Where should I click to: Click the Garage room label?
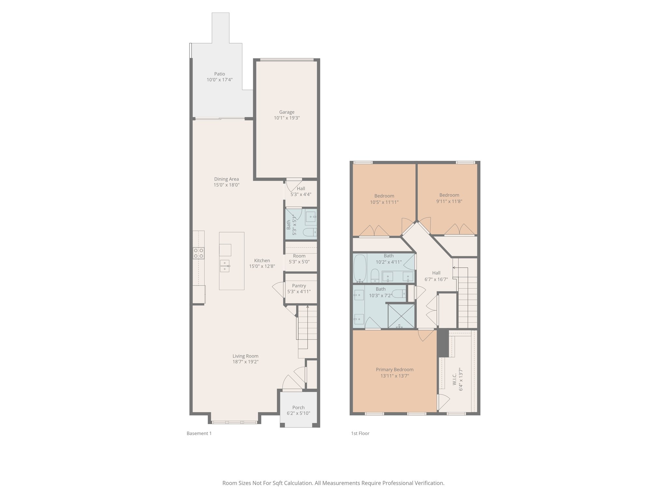[x=287, y=112]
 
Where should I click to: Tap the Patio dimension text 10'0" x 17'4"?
[x=220, y=80]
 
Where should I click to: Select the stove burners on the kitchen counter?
[x=198, y=253]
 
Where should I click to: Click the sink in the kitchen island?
[x=225, y=266]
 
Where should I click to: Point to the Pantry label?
[x=299, y=286]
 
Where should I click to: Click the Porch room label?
[x=298, y=408]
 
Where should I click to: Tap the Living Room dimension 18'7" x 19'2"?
[x=245, y=362]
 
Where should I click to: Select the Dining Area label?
[x=226, y=179]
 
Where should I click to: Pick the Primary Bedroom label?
[x=394, y=369]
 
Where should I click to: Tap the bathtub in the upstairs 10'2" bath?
[x=360, y=269]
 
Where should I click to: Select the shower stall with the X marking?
[x=401, y=315]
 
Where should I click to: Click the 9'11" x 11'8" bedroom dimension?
[x=449, y=201]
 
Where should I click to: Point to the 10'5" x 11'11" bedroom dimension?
[x=384, y=202]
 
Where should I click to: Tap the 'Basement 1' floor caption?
[x=199, y=433]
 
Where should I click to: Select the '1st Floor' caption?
[x=360, y=433]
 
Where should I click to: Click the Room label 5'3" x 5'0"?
[x=299, y=256]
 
